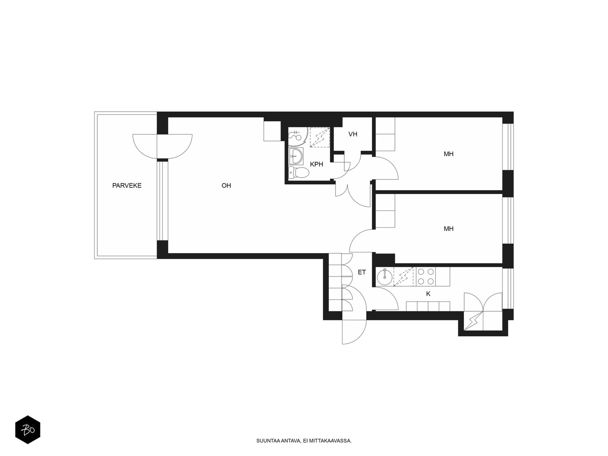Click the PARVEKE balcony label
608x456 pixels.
click(127, 185)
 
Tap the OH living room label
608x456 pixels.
click(226, 185)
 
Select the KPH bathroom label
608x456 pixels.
click(316, 164)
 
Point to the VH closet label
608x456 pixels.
click(353, 134)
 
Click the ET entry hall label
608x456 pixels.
click(361, 272)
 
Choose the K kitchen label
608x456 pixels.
click(428, 294)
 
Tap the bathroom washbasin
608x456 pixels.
click(296, 156)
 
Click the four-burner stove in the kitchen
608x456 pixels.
click(426, 276)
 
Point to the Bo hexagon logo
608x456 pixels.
click(28, 430)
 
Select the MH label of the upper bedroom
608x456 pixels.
click(448, 154)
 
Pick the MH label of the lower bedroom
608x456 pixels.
click(448, 229)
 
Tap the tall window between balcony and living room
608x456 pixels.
click(162, 201)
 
